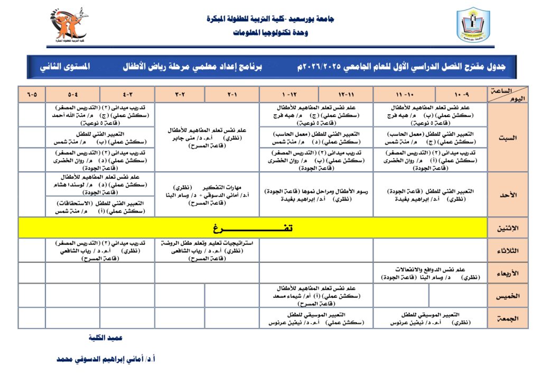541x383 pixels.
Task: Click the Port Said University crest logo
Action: tap(473, 25)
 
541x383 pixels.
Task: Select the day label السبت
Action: tap(508, 137)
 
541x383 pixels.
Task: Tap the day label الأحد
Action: tap(508, 195)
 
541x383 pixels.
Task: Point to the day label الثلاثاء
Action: tap(508, 251)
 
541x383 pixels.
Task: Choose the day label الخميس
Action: tap(508, 296)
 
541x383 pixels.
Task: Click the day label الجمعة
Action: tap(508, 318)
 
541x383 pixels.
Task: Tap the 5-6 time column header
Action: tap(32, 95)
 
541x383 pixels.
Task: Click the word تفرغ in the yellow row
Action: tap(253, 228)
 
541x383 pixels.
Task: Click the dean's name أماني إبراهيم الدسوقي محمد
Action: tap(106, 359)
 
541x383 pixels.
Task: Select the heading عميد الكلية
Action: tap(106, 338)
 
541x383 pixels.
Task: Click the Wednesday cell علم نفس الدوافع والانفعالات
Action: tap(430, 273)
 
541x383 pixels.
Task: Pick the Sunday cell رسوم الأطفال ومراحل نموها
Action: tap(316, 195)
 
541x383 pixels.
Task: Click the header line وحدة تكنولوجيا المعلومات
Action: tap(270, 32)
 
